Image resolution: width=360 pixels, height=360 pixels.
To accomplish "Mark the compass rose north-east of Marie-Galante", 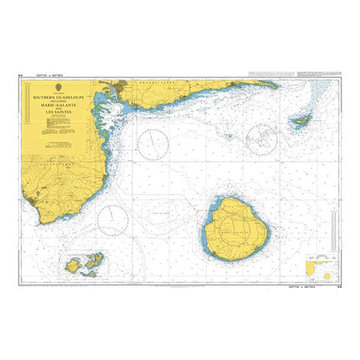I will click(x=262, y=138).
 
